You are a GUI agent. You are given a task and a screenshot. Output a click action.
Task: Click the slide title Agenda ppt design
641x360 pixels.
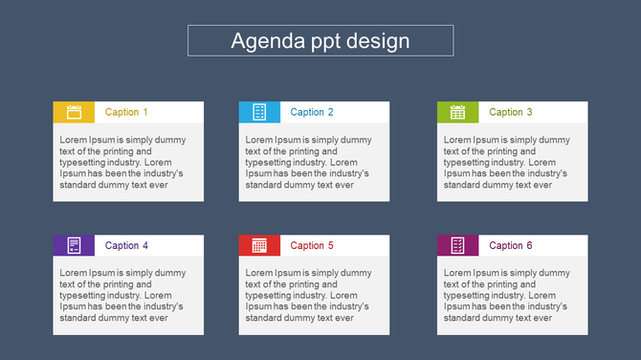coord(320,41)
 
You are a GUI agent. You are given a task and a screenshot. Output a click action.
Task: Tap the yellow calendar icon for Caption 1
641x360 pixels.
coord(74,112)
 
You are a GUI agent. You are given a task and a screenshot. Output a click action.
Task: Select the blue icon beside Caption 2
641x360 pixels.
coord(259,112)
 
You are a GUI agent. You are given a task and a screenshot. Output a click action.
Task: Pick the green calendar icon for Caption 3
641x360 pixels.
coord(457,112)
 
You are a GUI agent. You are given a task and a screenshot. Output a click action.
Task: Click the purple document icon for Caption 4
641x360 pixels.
coord(74,245)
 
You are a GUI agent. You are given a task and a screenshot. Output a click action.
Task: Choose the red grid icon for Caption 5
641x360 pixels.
coord(259,245)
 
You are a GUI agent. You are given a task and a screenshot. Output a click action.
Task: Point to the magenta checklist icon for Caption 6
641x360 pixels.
coord(457,245)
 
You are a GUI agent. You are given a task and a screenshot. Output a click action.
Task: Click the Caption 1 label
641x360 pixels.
coord(126,112)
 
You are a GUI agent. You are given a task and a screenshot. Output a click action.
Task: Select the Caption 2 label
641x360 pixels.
coord(312,112)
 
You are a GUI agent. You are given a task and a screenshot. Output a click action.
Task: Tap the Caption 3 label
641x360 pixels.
coord(511,112)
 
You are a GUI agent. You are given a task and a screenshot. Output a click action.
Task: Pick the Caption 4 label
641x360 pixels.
coord(126,246)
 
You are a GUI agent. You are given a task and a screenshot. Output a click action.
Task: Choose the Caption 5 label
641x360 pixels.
coord(312,246)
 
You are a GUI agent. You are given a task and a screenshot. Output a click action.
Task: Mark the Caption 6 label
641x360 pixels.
coord(511,246)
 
